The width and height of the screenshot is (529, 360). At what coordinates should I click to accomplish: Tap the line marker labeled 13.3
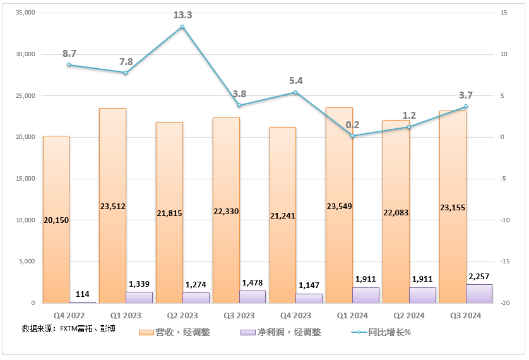point(182,27)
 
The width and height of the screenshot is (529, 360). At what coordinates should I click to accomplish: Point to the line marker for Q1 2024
point(352,136)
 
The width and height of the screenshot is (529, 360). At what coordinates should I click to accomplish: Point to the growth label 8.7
point(69,54)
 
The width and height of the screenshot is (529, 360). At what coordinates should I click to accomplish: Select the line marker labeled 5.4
point(295,93)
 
